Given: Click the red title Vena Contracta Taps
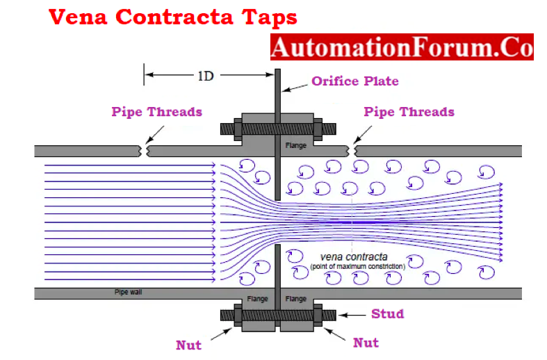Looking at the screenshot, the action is [172, 17].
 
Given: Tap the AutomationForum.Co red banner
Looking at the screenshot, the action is [402, 47].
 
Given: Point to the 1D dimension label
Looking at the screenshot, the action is [206, 76].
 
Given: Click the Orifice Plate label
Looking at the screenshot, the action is [354, 81].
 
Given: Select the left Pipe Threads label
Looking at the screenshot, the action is [156, 112].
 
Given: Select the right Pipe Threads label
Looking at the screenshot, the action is [409, 112].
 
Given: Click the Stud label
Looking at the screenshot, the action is [388, 313].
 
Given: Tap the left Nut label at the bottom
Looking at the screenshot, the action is [189, 345].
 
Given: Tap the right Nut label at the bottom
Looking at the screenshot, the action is [366, 343].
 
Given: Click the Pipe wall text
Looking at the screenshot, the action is [129, 292].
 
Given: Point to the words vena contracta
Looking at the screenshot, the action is [354, 257].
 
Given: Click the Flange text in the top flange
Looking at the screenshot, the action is [296, 145].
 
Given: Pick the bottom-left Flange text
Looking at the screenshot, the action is [257, 299].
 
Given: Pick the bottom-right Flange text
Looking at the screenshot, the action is [296, 299].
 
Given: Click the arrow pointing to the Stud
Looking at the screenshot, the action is [352, 316].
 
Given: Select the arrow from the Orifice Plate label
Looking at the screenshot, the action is [295, 88].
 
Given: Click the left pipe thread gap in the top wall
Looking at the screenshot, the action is [144, 151].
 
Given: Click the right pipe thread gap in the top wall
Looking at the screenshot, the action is [351, 151].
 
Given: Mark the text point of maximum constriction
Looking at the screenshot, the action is [358, 266].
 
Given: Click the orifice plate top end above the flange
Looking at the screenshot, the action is [278, 69].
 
